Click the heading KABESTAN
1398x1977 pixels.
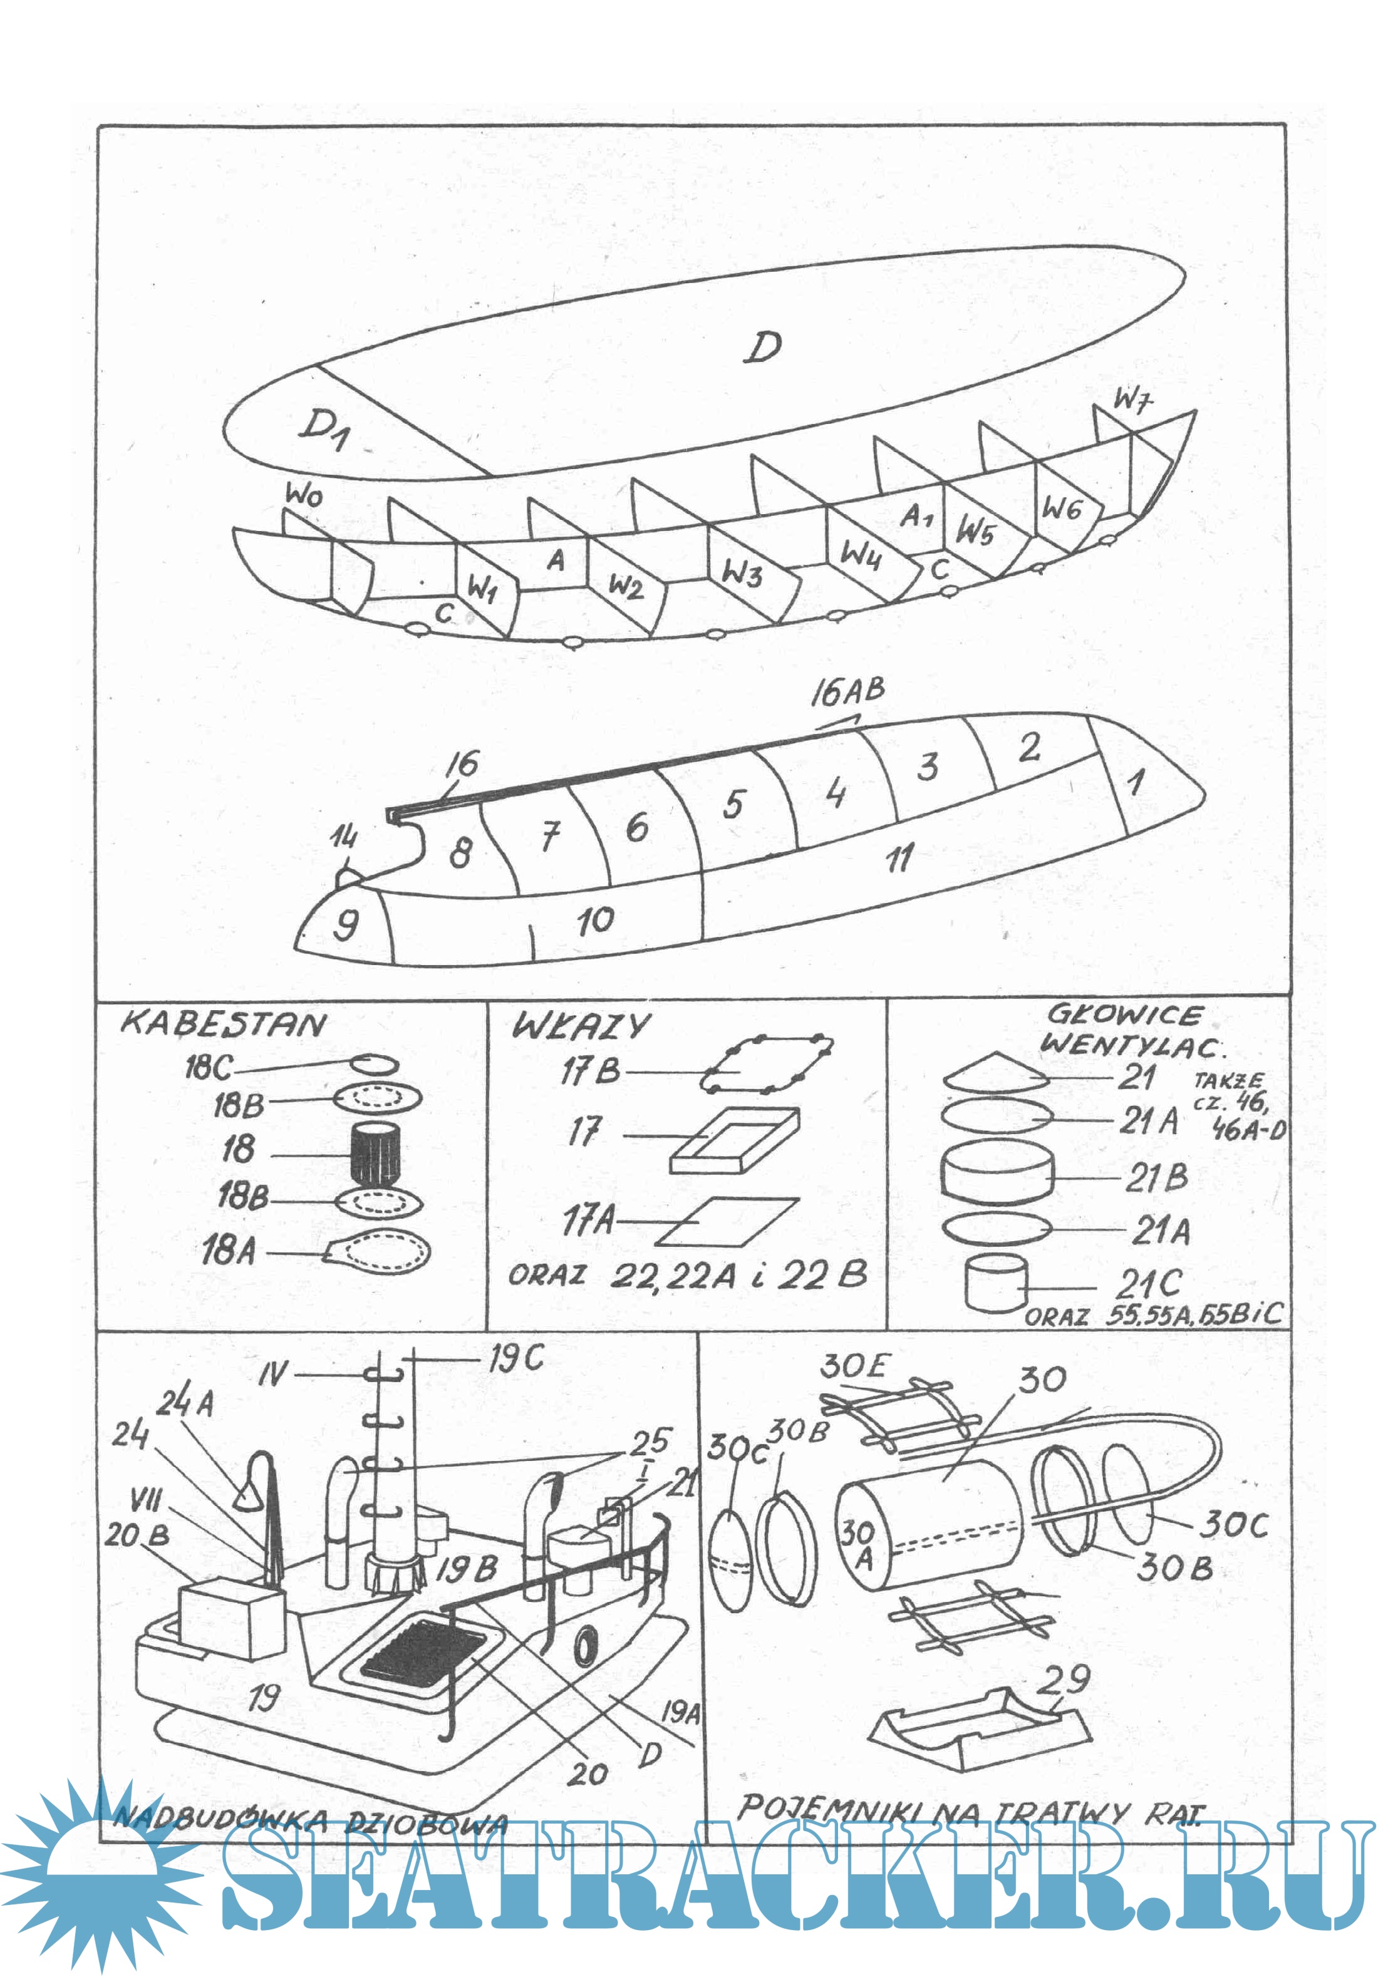coord(223,1025)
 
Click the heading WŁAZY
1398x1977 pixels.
coord(581,1026)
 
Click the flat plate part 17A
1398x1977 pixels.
coord(728,1222)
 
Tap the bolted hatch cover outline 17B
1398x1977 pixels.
coord(767,1065)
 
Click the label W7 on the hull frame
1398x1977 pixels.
coord(1132,400)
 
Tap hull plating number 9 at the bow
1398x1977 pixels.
coord(345,926)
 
